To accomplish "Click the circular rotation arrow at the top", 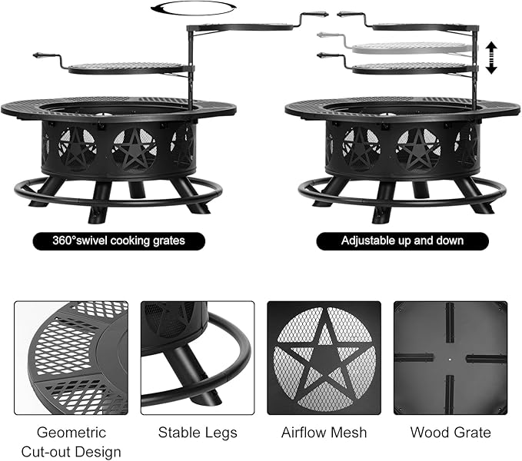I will tap(191, 8).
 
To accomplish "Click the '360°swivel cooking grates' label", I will tap(120, 240).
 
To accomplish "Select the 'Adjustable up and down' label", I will tap(402, 240).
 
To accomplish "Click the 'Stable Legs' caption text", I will tap(198, 433).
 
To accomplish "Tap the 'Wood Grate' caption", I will tap(451, 433).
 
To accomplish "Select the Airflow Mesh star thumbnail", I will tap(324, 357).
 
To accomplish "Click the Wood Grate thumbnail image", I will tap(451, 357).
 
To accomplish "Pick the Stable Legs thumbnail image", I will tap(197, 357).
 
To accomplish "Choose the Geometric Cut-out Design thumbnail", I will tap(71, 357).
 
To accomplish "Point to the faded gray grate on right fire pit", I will tap(411, 48).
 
